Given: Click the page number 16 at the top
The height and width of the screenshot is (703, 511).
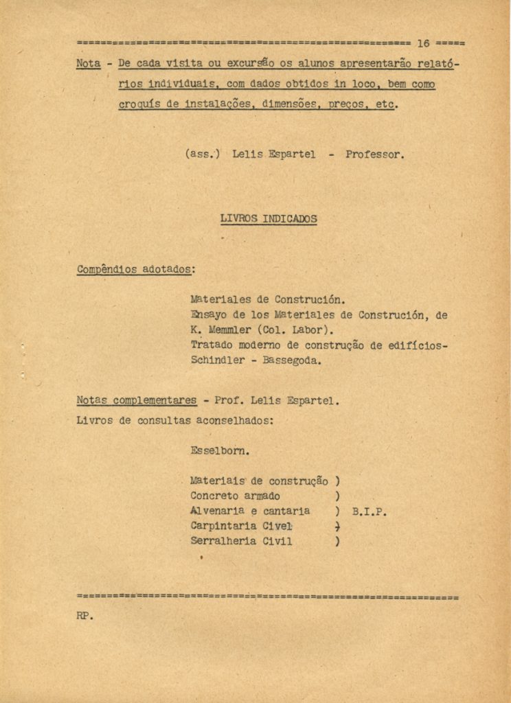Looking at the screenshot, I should pyautogui.click(x=422, y=43).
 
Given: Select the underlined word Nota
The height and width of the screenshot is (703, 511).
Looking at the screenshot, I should pyautogui.click(x=88, y=64).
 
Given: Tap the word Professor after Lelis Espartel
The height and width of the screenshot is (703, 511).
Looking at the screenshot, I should pyautogui.click(x=375, y=154).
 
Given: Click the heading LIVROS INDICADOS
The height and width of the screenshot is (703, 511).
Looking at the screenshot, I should pyautogui.click(x=269, y=219).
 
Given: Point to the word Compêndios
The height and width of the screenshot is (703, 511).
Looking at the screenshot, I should pyautogui.click(x=106, y=270).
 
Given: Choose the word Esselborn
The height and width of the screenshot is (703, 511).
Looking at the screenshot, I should pyautogui.click(x=219, y=452).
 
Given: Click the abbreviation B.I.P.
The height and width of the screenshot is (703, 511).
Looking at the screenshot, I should pyautogui.click(x=370, y=511).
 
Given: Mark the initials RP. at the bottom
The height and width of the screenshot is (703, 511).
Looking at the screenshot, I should pyautogui.click(x=84, y=616).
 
